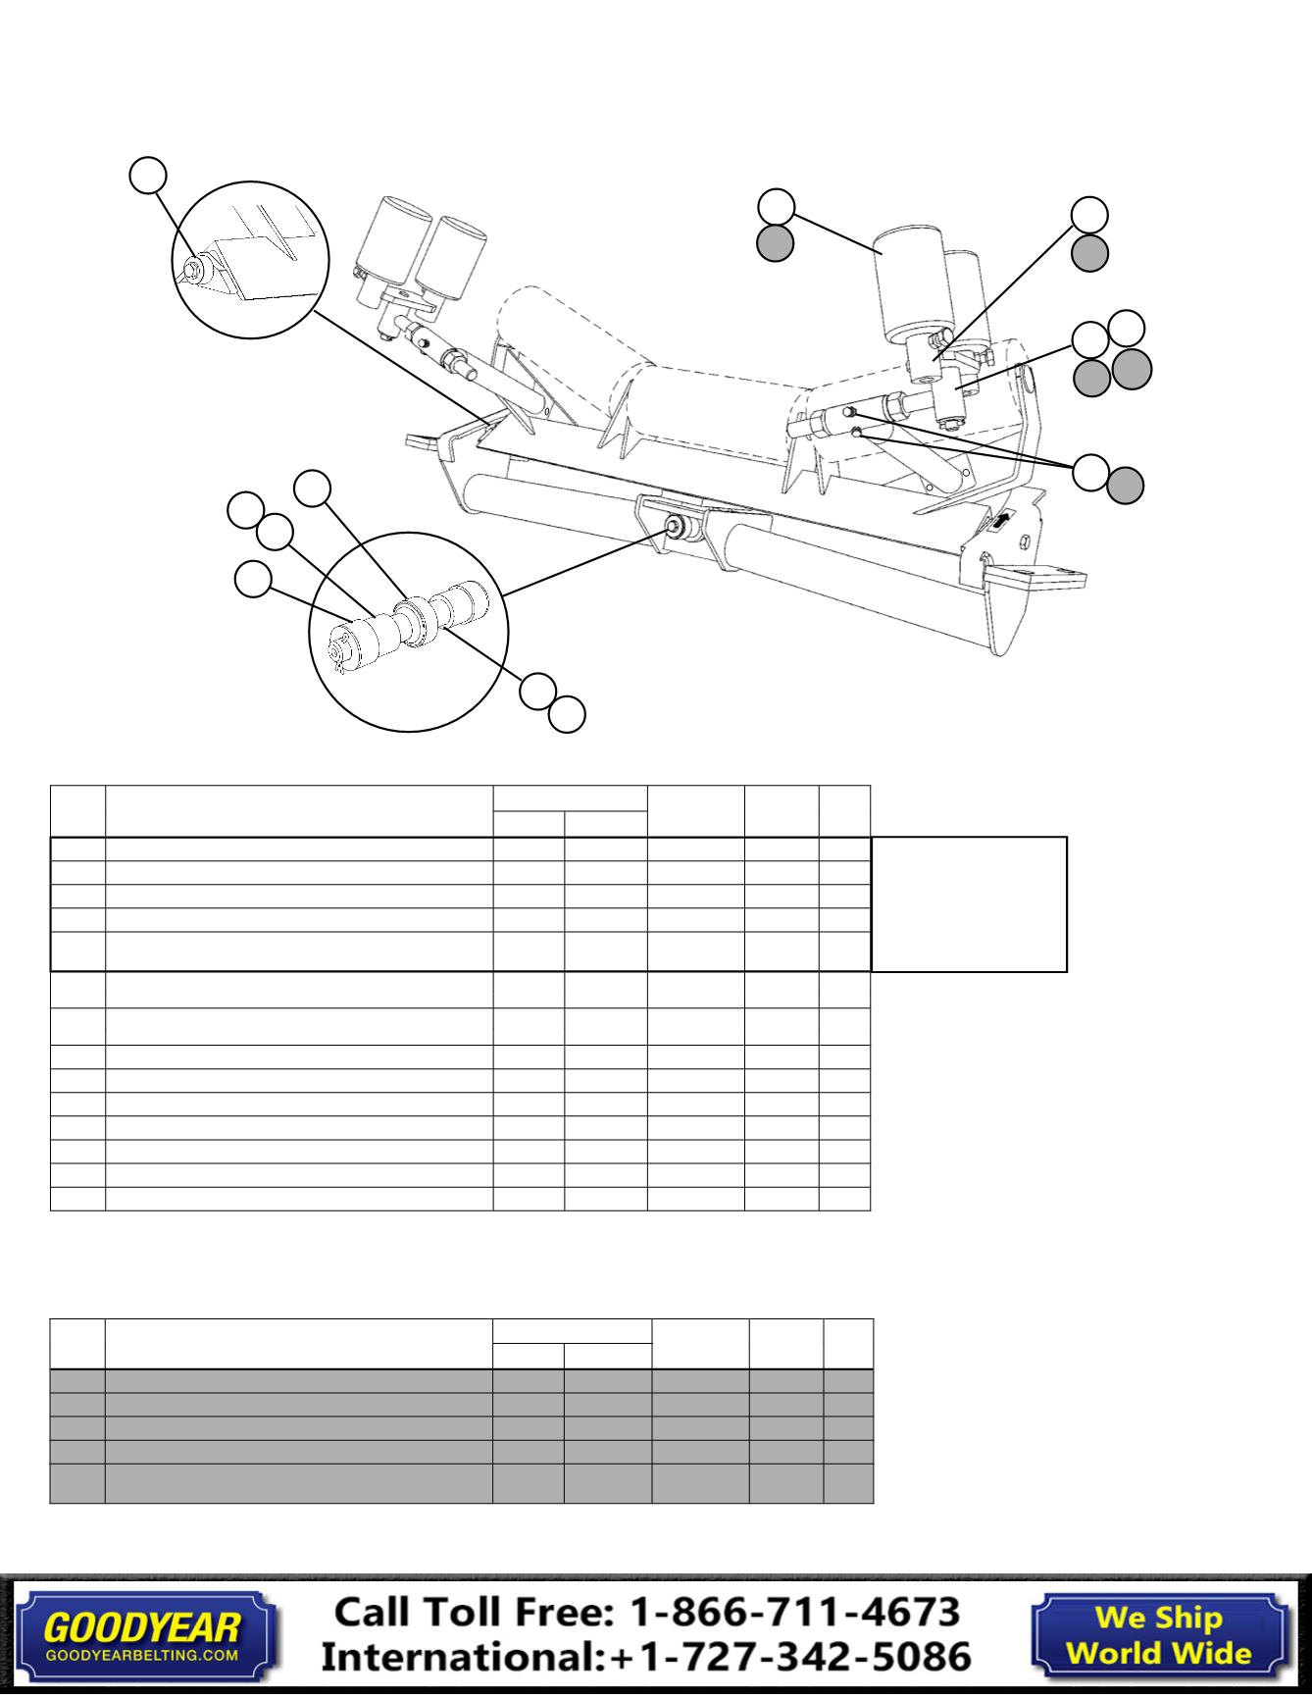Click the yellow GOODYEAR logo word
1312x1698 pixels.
click(x=141, y=1628)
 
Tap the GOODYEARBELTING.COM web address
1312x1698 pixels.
click(x=142, y=1655)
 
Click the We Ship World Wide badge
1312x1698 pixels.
click(x=1158, y=1635)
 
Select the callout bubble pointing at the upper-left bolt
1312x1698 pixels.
click(x=148, y=174)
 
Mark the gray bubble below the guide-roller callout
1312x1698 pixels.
click(x=775, y=242)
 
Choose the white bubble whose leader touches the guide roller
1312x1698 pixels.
click(x=776, y=205)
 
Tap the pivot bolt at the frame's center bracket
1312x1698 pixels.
click(x=675, y=527)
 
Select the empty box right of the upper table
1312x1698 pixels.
click(x=969, y=903)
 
